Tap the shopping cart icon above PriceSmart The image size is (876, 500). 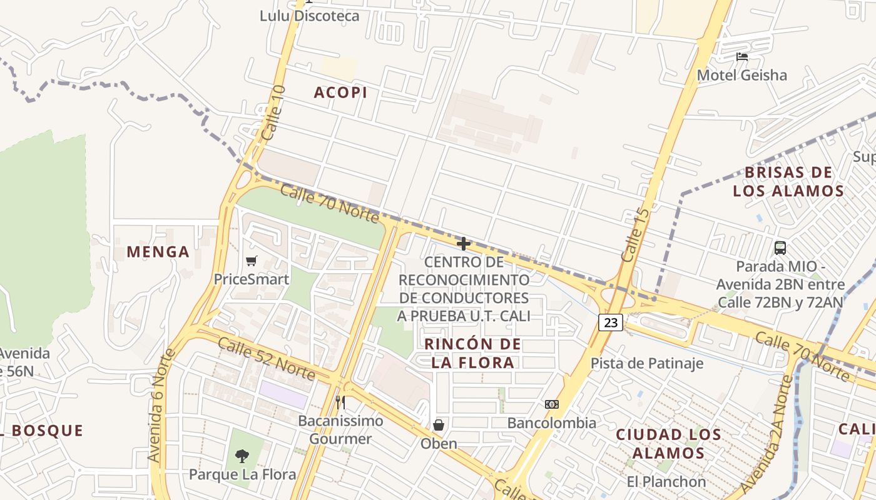[252, 261]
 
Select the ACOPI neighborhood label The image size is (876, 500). [340, 92]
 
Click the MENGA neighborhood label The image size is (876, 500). [158, 252]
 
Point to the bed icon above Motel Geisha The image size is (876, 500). [742, 57]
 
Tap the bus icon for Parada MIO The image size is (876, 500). [780, 247]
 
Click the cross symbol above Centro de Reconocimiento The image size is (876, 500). [464, 244]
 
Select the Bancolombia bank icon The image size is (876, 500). [552, 404]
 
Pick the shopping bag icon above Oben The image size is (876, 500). [439, 425]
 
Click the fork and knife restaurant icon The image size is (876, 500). [340, 402]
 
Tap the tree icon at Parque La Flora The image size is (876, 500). [242, 456]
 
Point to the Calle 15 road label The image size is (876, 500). [636, 235]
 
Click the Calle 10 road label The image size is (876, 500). [274, 112]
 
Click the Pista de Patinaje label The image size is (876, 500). [647, 363]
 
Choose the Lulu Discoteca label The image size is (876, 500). [310, 16]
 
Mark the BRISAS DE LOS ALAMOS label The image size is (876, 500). [788, 181]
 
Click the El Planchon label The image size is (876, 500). [666, 482]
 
